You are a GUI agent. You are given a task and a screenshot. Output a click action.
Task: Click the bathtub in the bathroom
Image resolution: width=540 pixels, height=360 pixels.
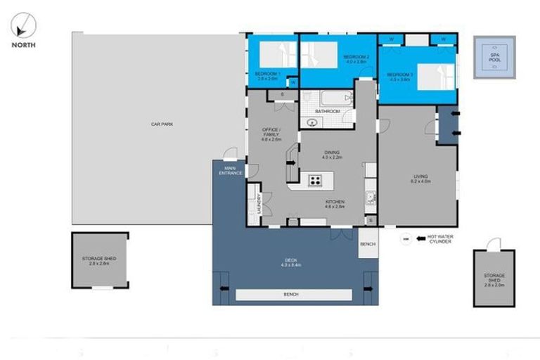click(x=326, y=98)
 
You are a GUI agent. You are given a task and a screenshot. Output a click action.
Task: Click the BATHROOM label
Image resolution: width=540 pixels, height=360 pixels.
click(x=328, y=112)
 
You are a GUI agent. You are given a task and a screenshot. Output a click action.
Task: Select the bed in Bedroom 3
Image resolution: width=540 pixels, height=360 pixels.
click(x=435, y=75)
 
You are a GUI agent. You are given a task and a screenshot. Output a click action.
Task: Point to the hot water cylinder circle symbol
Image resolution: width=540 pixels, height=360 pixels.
click(x=406, y=239)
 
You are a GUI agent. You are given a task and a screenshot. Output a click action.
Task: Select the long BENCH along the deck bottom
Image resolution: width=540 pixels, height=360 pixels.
click(x=293, y=295)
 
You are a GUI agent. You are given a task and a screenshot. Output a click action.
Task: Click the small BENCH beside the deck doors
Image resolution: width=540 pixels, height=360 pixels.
click(x=367, y=244)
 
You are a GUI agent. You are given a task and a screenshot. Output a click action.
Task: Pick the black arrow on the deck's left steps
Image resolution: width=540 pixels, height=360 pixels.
click(x=224, y=288)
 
